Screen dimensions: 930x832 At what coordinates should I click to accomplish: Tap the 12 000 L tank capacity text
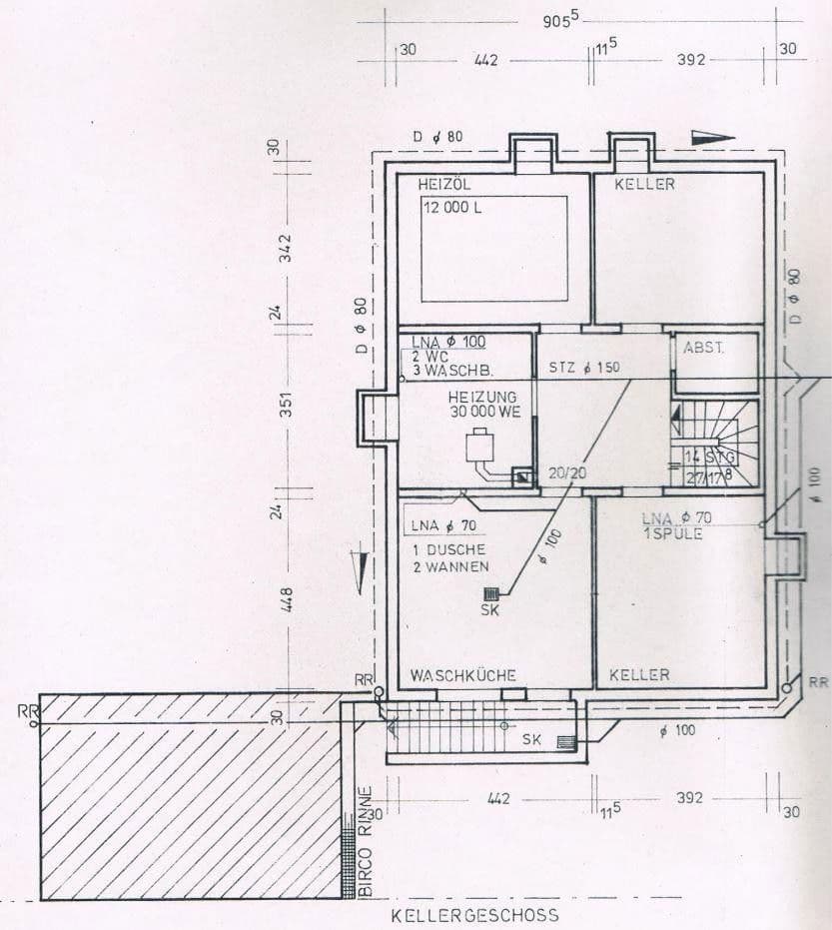coord(451,208)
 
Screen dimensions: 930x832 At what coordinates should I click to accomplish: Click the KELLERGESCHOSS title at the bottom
coord(474,914)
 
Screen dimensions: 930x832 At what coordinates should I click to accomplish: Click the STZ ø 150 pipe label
coord(584,367)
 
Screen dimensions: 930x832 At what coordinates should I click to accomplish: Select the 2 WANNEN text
coord(449,566)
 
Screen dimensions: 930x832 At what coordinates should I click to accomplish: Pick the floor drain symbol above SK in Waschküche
coord(490,593)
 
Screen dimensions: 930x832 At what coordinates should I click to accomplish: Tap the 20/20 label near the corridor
coord(566,473)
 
